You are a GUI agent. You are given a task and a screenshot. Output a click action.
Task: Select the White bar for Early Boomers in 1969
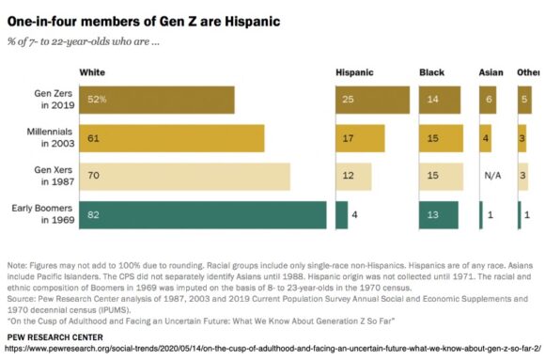202,214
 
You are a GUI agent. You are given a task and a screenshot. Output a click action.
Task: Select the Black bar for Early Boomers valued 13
438,214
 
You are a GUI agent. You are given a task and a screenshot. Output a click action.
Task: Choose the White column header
92,71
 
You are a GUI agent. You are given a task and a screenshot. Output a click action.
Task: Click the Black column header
431,71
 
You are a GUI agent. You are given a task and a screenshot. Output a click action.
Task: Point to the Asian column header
490,71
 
